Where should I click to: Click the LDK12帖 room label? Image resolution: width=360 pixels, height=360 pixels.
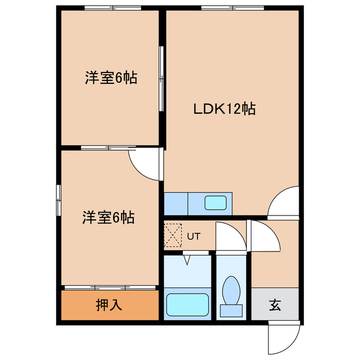coord(225,109)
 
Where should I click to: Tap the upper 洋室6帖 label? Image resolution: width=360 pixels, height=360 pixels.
coord(111,78)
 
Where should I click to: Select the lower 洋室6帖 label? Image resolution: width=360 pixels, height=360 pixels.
coord(109,217)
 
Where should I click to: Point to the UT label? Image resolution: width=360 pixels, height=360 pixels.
coord(193,236)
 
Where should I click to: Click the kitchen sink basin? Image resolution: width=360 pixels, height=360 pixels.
coord(215,202)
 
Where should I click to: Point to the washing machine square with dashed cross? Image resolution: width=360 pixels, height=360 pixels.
coord(173,235)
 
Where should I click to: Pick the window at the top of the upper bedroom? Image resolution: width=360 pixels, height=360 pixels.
coord(112,7)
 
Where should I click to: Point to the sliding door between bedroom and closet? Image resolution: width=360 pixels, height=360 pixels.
coord(109,287)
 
